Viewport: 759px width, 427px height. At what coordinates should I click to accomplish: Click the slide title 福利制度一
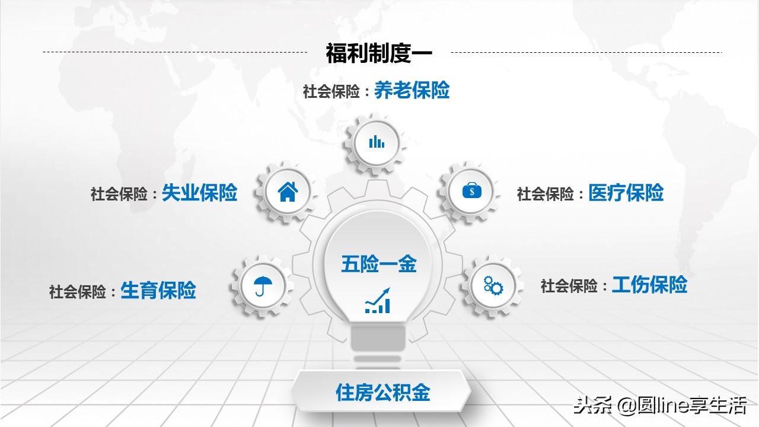point(379,53)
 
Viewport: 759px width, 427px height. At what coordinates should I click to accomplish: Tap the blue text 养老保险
point(412,91)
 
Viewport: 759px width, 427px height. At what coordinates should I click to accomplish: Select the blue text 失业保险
point(199,193)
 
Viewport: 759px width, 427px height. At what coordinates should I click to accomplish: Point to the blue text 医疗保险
point(626,193)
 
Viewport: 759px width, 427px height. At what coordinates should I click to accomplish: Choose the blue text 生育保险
point(158,291)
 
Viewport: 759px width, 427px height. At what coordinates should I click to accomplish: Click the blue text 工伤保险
point(649,285)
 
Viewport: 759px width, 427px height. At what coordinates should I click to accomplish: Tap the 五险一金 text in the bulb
point(379,264)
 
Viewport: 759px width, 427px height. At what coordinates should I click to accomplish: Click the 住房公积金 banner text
point(382,393)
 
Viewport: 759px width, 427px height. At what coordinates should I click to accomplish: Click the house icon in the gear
point(288,191)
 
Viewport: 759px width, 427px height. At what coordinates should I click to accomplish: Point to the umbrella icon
point(259,286)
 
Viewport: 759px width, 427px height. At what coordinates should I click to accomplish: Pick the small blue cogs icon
point(493,286)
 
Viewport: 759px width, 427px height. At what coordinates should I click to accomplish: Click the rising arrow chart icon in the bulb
point(378,301)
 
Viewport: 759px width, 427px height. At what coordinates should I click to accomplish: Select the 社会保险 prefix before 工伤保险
point(569,286)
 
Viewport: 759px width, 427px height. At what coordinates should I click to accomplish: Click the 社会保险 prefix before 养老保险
point(331,92)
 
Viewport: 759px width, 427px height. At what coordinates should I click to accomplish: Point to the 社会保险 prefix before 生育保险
point(78,292)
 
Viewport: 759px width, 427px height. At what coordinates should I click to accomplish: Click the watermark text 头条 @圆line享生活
point(658,407)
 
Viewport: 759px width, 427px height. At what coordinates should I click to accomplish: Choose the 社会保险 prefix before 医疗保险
point(546,194)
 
